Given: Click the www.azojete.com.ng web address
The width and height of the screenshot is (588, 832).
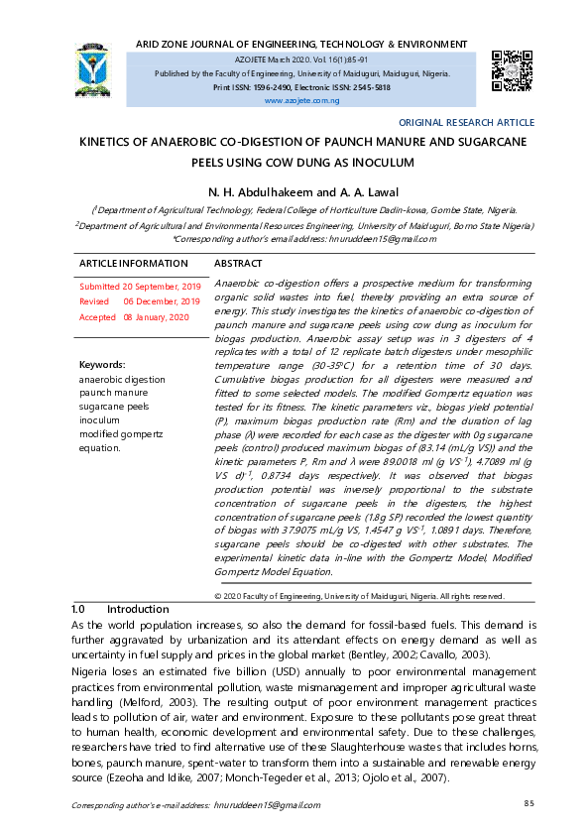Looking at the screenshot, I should pos(301,101).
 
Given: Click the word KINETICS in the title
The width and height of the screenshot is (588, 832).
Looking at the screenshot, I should pos(118,143).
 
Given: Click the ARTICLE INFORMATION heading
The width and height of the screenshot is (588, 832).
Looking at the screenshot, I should pos(134,264).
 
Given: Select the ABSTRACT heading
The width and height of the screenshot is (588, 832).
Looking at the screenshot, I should pos(238,264).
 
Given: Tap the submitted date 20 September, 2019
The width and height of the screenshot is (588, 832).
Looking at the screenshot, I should pos(162,286).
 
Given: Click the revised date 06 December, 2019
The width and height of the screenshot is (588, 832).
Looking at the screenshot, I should pos(162,301).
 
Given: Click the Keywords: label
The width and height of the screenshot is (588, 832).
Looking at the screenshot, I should pos(102,365).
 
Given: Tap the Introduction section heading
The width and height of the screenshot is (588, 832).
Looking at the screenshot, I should pos(138,608).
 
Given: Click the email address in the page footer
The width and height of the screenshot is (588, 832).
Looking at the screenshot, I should pos(266,806).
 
